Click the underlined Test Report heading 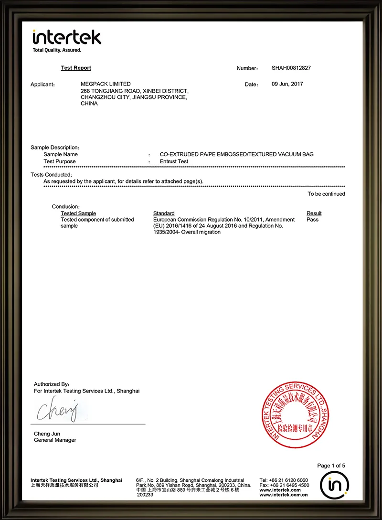(76, 68)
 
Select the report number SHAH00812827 (291, 68)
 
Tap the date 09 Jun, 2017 (287, 84)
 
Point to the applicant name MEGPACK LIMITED (106, 84)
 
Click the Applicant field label (43, 85)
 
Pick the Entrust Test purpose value (174, 161)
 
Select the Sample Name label (61, 154)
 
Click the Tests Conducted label (51, 175)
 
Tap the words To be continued (326, 194)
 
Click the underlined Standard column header (164, 213)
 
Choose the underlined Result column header (314, 213)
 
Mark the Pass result (312, 220)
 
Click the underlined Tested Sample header (78, 213)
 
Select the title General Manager (55, 440)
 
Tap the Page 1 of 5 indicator (331, 466)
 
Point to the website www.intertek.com (280, 490)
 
